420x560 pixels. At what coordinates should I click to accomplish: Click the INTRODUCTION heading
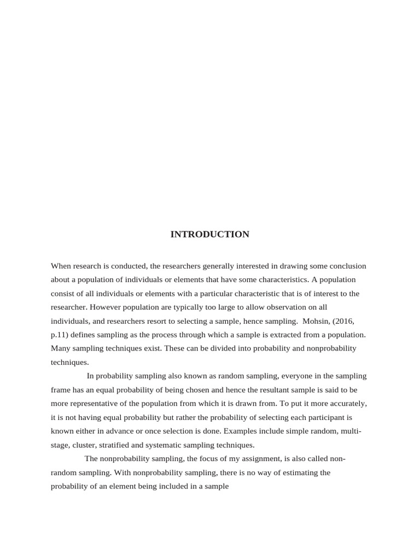tap(209, 235)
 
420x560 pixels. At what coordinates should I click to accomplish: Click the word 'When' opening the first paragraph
tap(61, 266)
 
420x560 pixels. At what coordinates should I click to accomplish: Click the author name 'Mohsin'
tap(313, 321)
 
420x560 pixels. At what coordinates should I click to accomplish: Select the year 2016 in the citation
tap(342, 321)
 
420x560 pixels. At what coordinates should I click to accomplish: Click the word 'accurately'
tap(347, 404)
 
